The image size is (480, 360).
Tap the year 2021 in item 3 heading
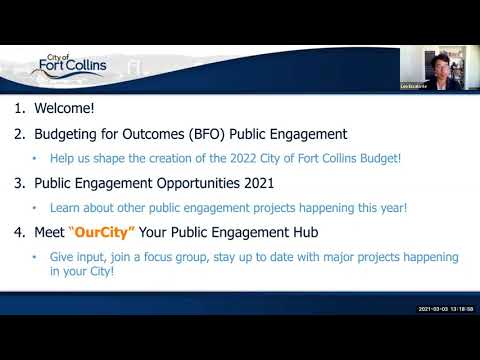(x=255, y=183)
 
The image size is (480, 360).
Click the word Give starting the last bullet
(x=62, y=257)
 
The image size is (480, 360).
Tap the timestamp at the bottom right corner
(x=445, y=309)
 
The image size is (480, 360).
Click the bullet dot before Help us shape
(x=37, y=158)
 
